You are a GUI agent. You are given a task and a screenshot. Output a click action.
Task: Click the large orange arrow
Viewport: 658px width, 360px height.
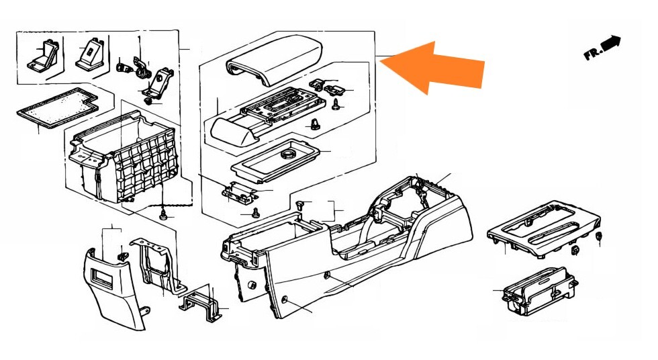tap(440, 66)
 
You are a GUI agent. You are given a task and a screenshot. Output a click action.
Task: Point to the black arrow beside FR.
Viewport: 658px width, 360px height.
tap(610, 42)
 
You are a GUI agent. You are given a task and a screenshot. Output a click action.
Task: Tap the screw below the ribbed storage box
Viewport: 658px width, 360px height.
tap(162, 214)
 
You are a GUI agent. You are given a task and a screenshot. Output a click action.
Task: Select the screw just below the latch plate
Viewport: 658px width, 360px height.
tap(255, 214)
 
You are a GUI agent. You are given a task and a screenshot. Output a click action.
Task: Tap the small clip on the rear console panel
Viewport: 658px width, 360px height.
tap(123, 255)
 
